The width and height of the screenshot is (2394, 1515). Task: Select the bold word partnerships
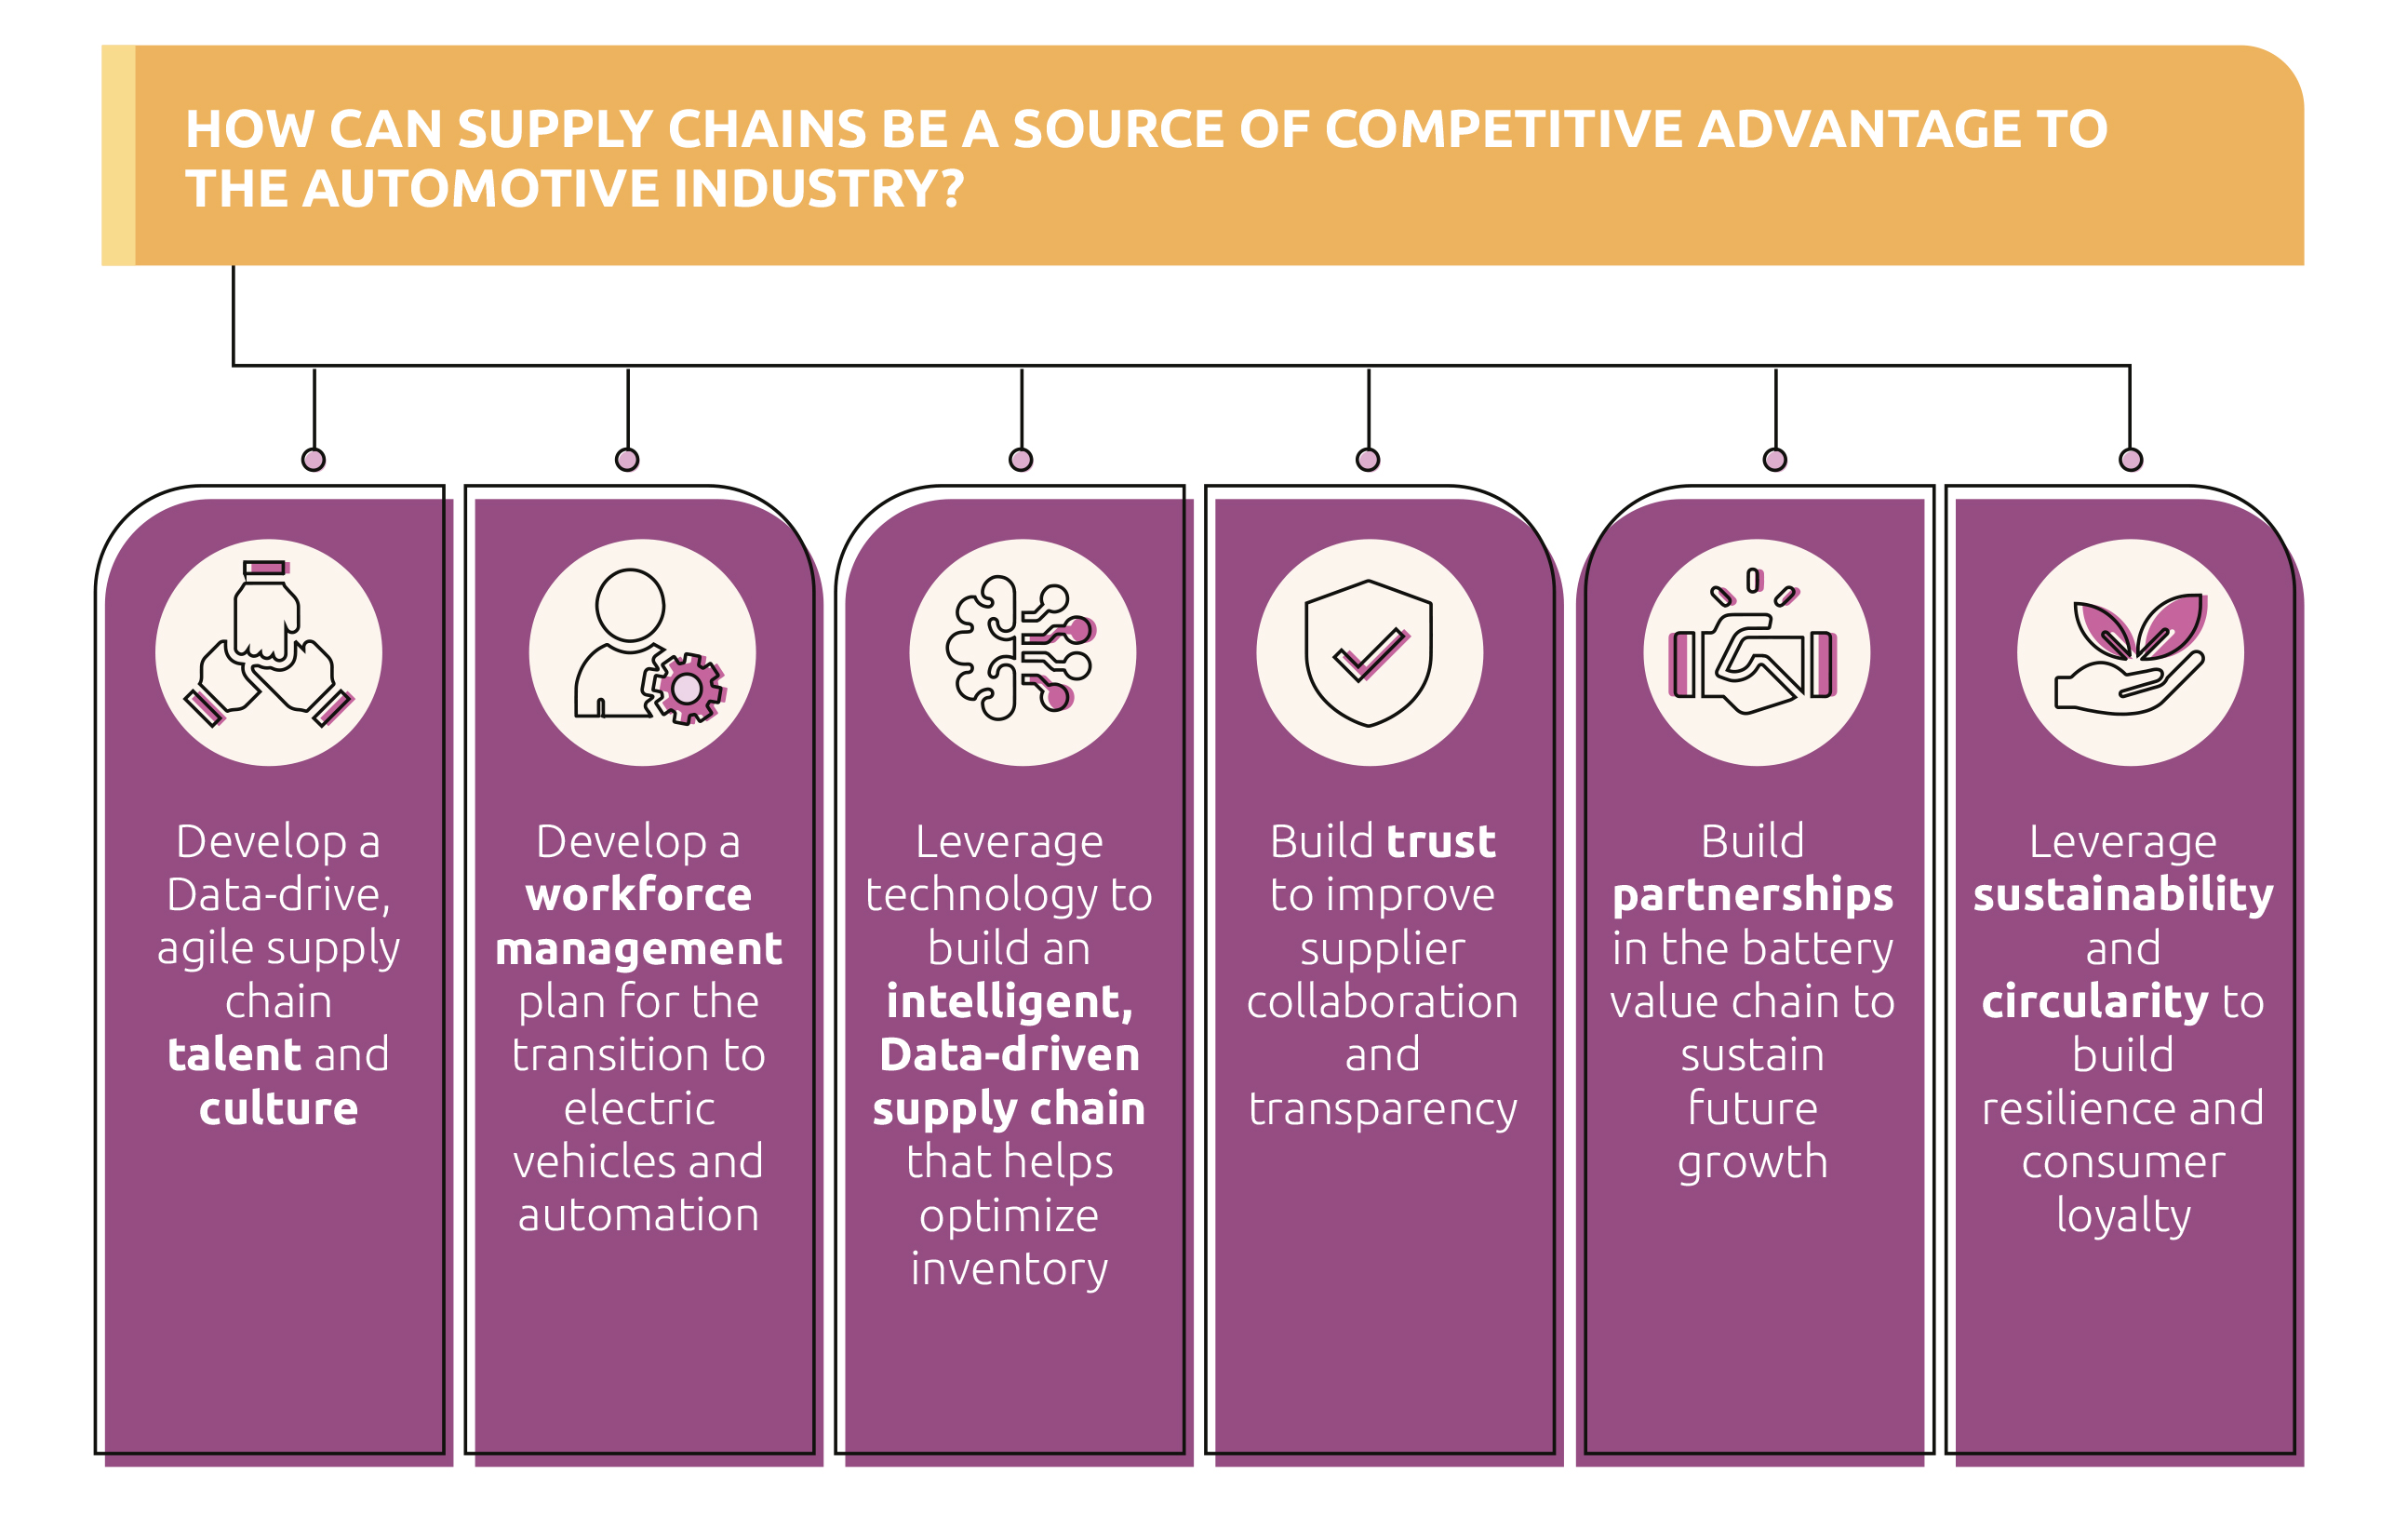pyautogui.click(x=1753, y=894)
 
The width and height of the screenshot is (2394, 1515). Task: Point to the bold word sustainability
pyautogui.click(x=2122, y=894)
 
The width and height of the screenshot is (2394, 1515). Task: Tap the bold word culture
pyautogui.click(x=278, y=1108)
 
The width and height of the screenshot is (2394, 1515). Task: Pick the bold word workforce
pyautogui.click(x=638, y=894)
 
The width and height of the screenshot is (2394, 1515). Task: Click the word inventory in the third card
pyautogui.click(x=1010, y=1268)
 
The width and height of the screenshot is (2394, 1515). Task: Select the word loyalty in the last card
pyautogui.click(x=2122, y=1214)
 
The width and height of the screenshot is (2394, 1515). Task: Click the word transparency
pyautogui.click(x=1382, y=1108)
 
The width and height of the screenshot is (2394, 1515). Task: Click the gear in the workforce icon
pyautogui.click(x=687, y=688)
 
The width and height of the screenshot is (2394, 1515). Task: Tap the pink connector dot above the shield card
pyautogui.click(x=1368, y=460)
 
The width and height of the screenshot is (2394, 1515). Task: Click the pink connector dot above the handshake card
pyautogui.click(x=1774, y=460)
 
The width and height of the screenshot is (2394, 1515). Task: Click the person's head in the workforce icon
pyautogui.click(x=629, y=604)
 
